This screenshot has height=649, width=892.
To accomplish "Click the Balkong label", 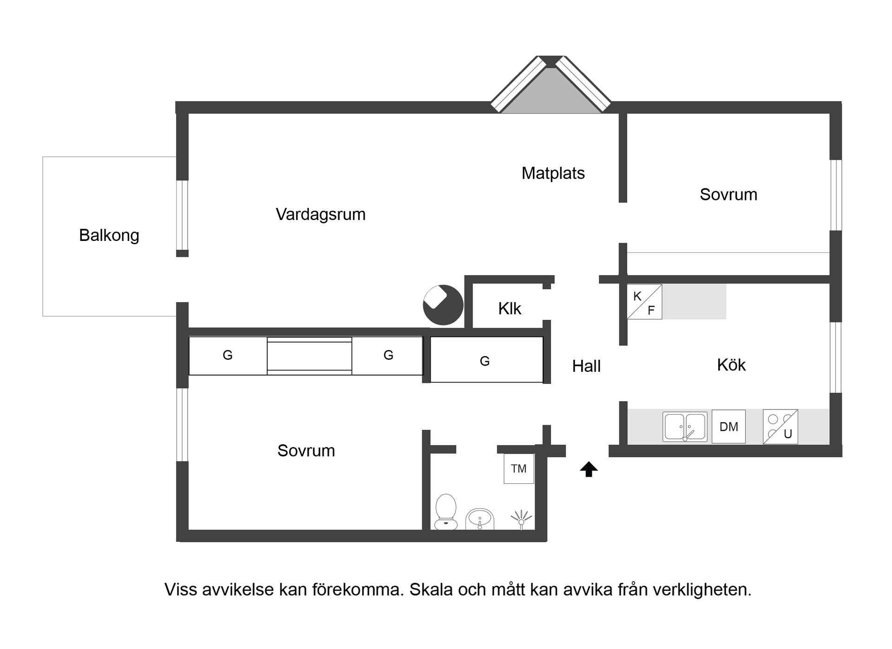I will pyautogui.click(x=109, y=235).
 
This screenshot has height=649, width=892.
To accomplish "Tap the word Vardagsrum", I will pyautogui.click(x=321, y=214).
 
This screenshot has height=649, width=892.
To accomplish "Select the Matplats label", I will pyautogui.click(x=553, y=173).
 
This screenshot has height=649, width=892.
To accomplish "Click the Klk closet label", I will pyautogui.click(x=510, y=309).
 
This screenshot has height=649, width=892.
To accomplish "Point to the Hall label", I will pyautogui.click(x=586, y=366).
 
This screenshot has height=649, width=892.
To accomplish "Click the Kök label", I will pyautogui.click(x=731, y=365).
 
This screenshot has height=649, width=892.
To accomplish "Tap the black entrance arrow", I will pyautogui.click(x=589, y=469).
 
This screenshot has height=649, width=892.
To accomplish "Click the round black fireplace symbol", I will pyautogui.click(x=443, y=305).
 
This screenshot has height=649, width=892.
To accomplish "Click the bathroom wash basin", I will pyautogui.click(x=480, y=519).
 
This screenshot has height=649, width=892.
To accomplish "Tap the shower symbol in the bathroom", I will pyautogui.click(x=521, y=519).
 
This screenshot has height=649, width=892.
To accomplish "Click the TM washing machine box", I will pyautogui.click(x=519, y=469).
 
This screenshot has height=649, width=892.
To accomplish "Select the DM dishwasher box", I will pyautogui.click(x=728, y=427).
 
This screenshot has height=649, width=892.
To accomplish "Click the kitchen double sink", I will pyautogui.click(x=685, y=427).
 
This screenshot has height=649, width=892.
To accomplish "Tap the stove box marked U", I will pyautogui.click(x=780, y=427).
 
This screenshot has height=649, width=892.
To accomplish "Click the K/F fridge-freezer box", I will pyautogui.click(x=644, y=302).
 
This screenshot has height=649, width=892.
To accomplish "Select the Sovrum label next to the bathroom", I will pyautogui.click(x=306, y=451).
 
